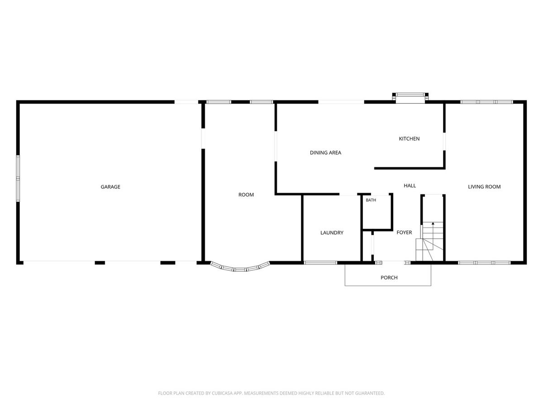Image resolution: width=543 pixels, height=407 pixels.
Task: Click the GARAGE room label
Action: pyautogui.click(x=110, y=187)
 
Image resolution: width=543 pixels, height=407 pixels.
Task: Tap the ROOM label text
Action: pyautogui.click(x=246, y=195)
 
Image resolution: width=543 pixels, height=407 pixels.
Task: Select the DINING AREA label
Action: pyautogui.click(x=325, y=153)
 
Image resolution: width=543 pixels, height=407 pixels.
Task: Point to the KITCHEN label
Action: pyautogui.click(x=409, y=139)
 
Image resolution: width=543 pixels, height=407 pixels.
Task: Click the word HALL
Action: pyautogui.click(x=410, y=185)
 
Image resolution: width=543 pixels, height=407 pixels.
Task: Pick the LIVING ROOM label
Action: pyautogui.click(x=484, y=187)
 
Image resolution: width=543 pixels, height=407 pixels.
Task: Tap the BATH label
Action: pyautogui.click(x=371, y=200)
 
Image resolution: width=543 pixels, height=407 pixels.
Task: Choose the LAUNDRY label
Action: pyautogui.click(x=332, y=232)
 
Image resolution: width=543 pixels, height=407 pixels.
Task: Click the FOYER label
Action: pyautogui.click(x=404, y=232)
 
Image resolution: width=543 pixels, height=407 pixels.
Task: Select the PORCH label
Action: pyautogui.click(x=389, y=278)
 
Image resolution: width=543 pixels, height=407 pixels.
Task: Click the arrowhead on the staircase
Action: pyautogui.click(x=433, y=223)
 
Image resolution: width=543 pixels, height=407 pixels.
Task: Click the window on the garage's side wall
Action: pyautogui.click(x=18, y=178)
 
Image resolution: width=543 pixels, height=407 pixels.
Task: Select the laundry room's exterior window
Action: pyautogui.click(x=320, y=263)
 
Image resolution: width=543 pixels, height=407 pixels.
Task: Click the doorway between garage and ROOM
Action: pyautogui.click(x=203, y=138)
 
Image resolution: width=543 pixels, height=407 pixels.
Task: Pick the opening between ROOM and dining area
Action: pyautogui.click(x=276, y=146)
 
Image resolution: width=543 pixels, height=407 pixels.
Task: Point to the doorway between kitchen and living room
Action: pyautogui.click(x=444, y=142)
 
